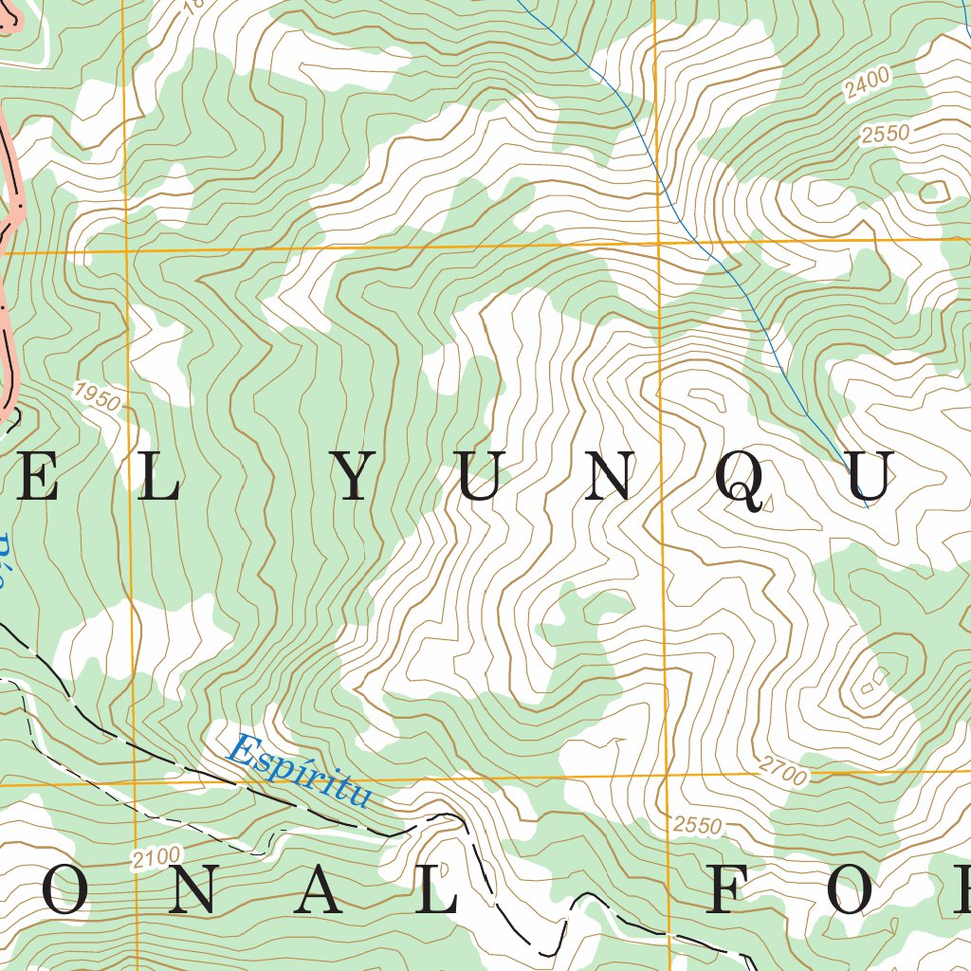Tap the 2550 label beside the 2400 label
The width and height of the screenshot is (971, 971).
885,134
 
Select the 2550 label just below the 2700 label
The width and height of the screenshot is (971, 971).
697,825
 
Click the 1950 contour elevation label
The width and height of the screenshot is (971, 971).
96,396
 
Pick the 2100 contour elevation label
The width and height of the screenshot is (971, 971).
156,859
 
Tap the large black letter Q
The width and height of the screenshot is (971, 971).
740,480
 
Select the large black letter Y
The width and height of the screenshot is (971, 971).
355,478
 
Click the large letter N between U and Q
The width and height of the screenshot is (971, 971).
607,478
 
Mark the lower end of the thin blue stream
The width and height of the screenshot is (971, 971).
867,506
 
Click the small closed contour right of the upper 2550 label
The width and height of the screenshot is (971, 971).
935,192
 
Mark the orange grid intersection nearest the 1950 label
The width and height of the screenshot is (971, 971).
127,250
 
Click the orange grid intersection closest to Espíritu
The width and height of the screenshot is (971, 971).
136,784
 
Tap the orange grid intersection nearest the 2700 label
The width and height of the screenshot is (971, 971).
667,778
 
